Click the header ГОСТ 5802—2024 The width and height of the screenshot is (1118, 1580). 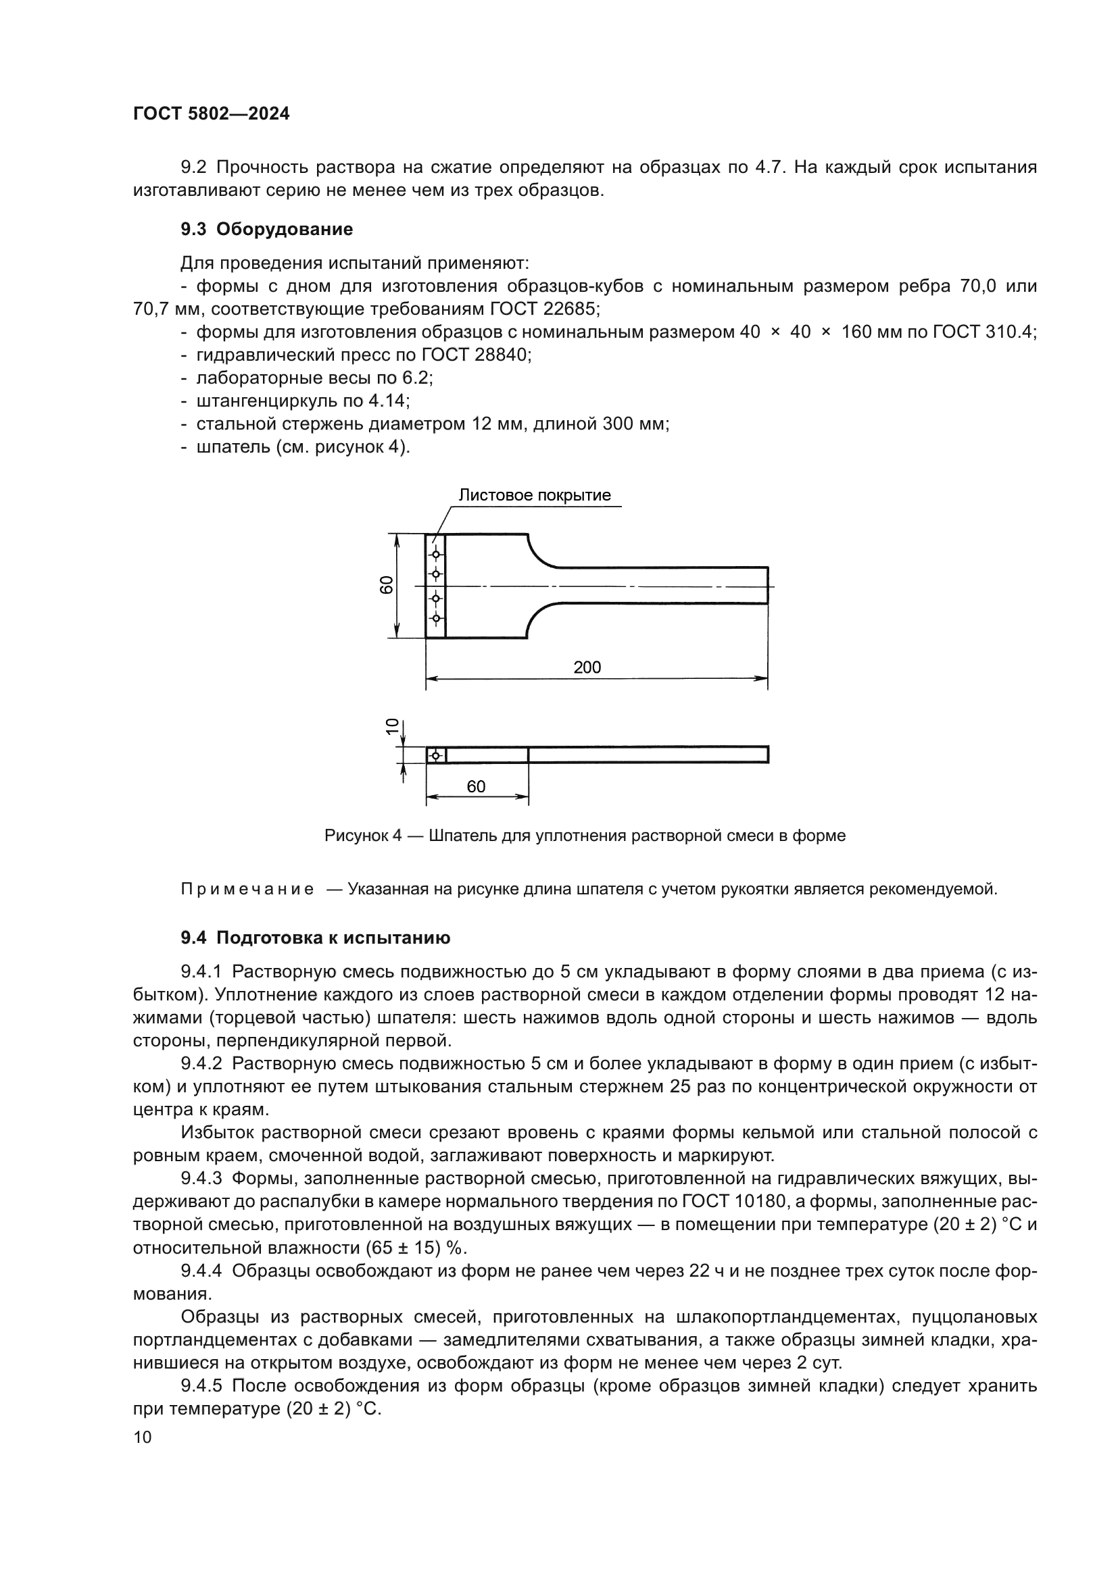[x=211, y=113]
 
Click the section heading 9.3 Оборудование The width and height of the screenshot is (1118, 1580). [x=266, y=229]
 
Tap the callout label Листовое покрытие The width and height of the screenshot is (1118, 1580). [x=535, y=495]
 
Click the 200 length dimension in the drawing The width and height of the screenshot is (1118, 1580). [x=587, y=667]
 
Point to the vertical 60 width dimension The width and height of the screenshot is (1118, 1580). [x=387, y=585]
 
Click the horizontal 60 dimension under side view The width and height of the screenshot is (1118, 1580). [x=476, y=786]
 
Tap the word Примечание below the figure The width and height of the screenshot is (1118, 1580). [x=247, y=889]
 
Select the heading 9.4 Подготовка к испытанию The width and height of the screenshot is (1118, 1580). [x=315, y=938]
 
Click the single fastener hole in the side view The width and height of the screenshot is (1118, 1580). [x=435, y=756]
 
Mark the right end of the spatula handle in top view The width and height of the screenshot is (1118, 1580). [x=768, y=586]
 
